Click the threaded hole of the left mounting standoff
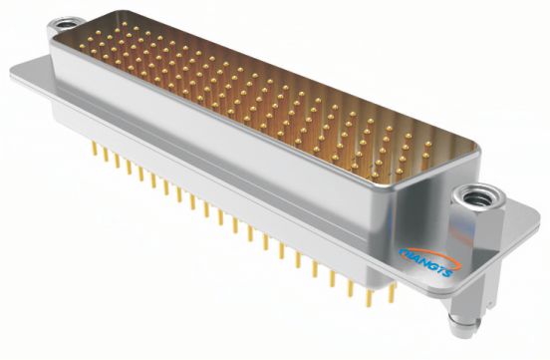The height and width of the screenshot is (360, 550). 66,25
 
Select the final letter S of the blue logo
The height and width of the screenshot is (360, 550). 447,272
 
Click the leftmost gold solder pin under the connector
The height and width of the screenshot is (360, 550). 94,149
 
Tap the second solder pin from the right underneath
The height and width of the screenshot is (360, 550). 370,298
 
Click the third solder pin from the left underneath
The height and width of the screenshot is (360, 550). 117,161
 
